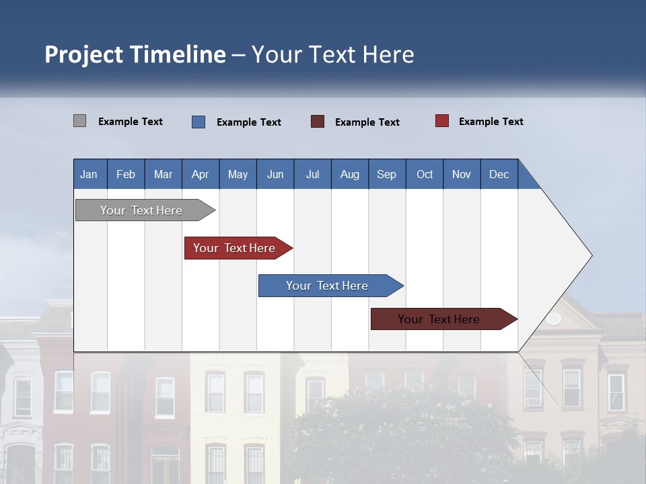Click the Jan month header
point(89,174)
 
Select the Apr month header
point(201,174)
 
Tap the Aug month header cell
point(349,174)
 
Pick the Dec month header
point(499,174)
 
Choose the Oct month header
point(425,174)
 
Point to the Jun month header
point(275,174)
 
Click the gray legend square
point(79,121)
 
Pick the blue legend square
point(199,122)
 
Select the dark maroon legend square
point(318,122)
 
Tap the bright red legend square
point(441,121)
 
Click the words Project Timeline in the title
point(135,54)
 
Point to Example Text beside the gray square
point(131,122)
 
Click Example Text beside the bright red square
point(491,122)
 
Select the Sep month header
point(386,174)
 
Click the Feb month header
point(126,174)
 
